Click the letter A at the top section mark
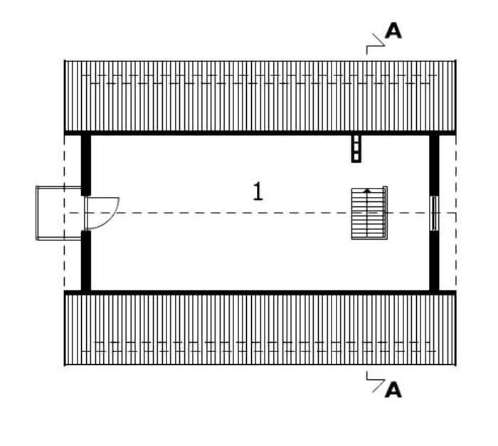pyautogui.click(x=393, y=31)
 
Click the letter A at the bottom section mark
pyautogui.click(x=393, y=390)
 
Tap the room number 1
pyautogui.click(x=258, y=191)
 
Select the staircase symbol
pyautogui.click(x=369, y=213)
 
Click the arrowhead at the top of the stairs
pyautogui.click(x=367, y=191)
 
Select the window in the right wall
pyautogui.click(x=434, y=213)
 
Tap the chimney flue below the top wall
pyautogui.click(x=356, y=149)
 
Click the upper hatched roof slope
pyautogui.click(x=260, y=96)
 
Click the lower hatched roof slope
pyautogui.click(x=260, y=329)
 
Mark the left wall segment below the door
pyautogui.click(x=86, y=260)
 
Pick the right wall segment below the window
pyautogui.click(x=434, y=261)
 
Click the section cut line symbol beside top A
pyautogui.click(x=376, y=44)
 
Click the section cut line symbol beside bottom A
pyautogui.click(x=376, y=381)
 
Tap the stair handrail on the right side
pyautogui.click(x=386, y=213)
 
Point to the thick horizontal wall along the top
pyautogui.click(x=260, y=133)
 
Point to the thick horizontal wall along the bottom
pyautogui.click(x=260, y=292)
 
